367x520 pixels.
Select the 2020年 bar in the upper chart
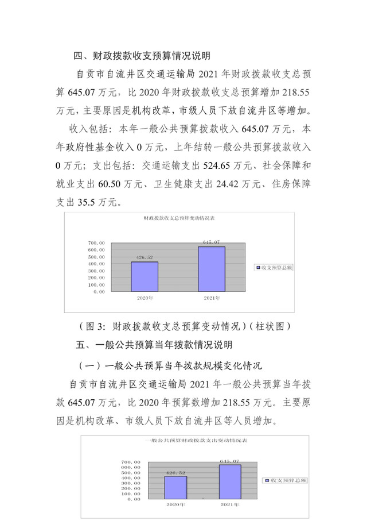point(145,276)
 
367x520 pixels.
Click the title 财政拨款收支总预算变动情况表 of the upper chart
point(178,219)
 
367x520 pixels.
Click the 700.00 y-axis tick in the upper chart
point(96,243)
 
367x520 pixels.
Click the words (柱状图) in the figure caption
point(270,326)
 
